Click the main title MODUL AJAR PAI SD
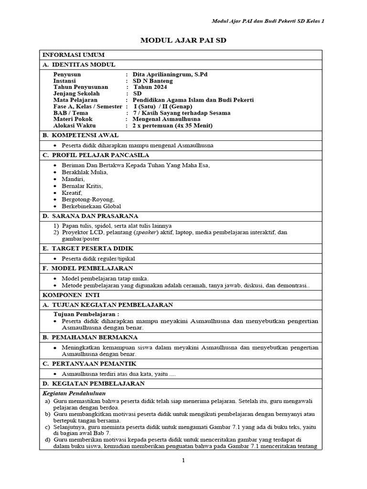(183, 41)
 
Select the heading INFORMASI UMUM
(74, 55)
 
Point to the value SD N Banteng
(153, 81)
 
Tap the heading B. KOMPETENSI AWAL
(84, 135)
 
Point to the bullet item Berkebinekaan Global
(91, 206)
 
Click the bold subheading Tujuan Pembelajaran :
(86, 314)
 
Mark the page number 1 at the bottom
(183, 460)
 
